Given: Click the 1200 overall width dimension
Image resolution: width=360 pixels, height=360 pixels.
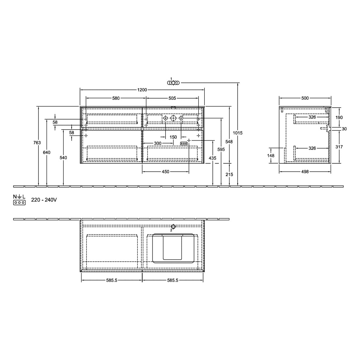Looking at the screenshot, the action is click(x=142, y=90).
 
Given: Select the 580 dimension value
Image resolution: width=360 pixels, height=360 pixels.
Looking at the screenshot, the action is click(x=116, y=98).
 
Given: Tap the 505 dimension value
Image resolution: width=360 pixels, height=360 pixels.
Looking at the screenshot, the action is click(x=172, y=98).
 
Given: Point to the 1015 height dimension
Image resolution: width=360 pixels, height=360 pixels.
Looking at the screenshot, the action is click(x=237, y=133).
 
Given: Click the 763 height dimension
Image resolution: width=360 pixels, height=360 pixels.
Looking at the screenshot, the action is click(x=37, y=142).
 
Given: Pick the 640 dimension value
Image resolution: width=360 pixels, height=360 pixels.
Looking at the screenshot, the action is click(x=46, y=152).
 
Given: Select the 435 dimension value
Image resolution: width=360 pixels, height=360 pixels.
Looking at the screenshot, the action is click(x=212, y=158).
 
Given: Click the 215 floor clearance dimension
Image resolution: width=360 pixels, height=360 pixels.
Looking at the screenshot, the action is click(x=229, y=174).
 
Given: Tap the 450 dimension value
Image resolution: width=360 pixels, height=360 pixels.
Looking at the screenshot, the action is click(x=165, y=171).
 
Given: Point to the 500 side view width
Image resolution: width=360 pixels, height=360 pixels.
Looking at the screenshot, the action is click(x=305, y=98).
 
